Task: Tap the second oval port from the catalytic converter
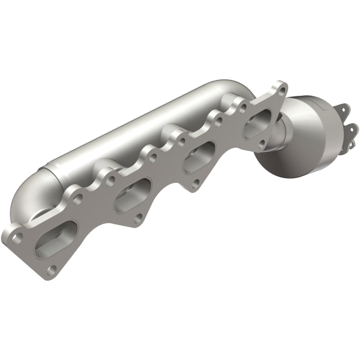click(198, 157)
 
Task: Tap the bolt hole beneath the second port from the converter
click(196, 184)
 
